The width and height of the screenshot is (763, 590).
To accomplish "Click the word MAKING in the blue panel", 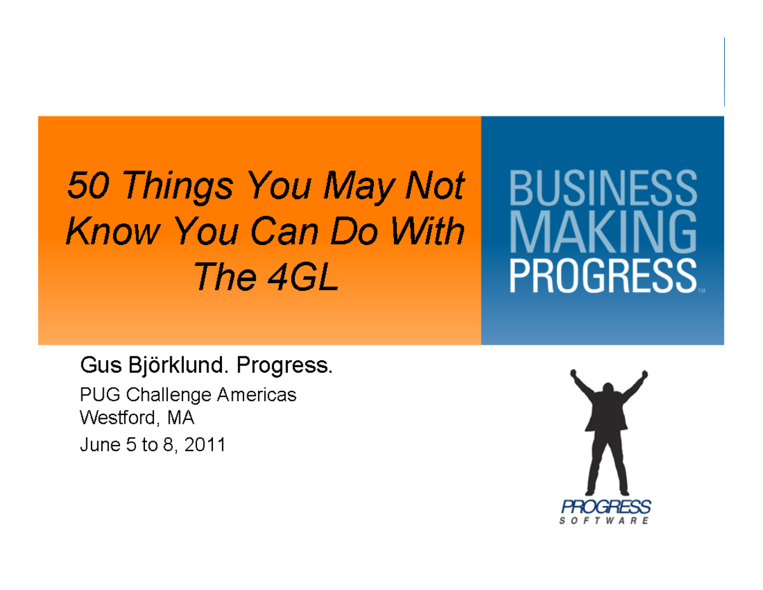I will pos(601,234).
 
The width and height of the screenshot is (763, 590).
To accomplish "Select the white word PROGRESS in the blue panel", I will pos(601,276).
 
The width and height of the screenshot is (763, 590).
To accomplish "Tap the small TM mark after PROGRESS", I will pos(701,292).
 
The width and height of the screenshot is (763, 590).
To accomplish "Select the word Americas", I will pos(257,395).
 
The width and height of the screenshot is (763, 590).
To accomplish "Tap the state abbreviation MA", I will pos(181,419).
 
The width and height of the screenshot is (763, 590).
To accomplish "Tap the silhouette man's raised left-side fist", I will pos(574,373).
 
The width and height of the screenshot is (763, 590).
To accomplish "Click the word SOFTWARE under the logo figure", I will pos(605,521).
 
